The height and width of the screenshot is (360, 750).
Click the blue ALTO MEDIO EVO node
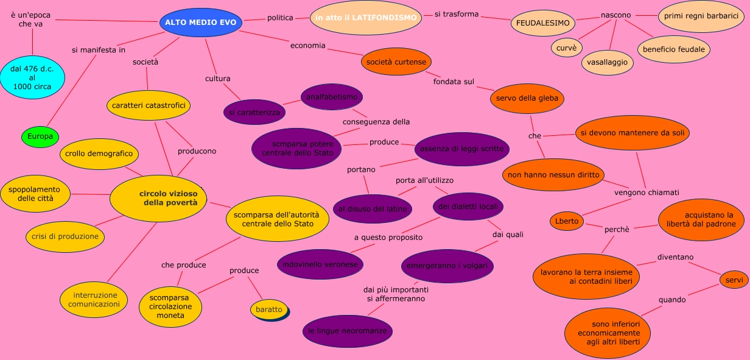200,23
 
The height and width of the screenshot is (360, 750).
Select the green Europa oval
40,136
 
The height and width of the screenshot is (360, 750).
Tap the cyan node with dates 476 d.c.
32,78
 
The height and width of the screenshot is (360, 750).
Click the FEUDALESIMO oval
542,23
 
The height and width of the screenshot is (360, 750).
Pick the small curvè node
566,48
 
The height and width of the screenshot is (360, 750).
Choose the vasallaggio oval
607,62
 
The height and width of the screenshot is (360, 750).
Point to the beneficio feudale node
673,49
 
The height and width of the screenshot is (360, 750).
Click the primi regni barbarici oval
701,16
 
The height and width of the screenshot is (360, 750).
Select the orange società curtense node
396,62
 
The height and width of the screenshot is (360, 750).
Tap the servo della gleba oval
527,98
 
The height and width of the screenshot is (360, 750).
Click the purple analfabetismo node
332,97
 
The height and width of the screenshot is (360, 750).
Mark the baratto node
269,309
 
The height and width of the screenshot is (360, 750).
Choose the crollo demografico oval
99,154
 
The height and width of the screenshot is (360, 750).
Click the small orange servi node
734,280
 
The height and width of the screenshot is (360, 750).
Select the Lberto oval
567,221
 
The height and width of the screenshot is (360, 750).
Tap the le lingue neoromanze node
347,331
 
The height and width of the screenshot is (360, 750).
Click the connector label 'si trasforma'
457,14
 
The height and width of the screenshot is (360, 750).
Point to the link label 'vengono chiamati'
646,192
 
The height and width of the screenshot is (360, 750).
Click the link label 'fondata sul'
454,82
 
